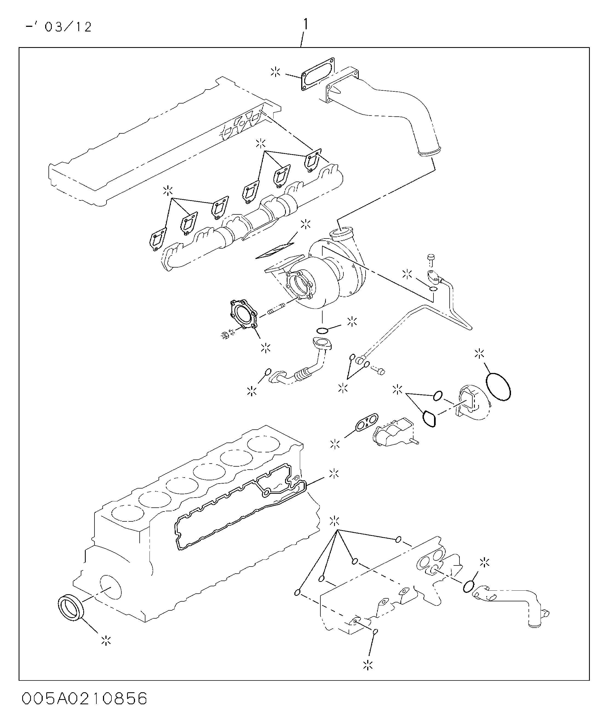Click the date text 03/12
pyautogui.click(x=68, y=27)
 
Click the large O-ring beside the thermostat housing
pyautogui.click(x=498, y=387)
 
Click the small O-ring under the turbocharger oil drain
pyautogui.click(x=322, y=331)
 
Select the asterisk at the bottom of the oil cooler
pyautogui.click(x=368, y=674)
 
